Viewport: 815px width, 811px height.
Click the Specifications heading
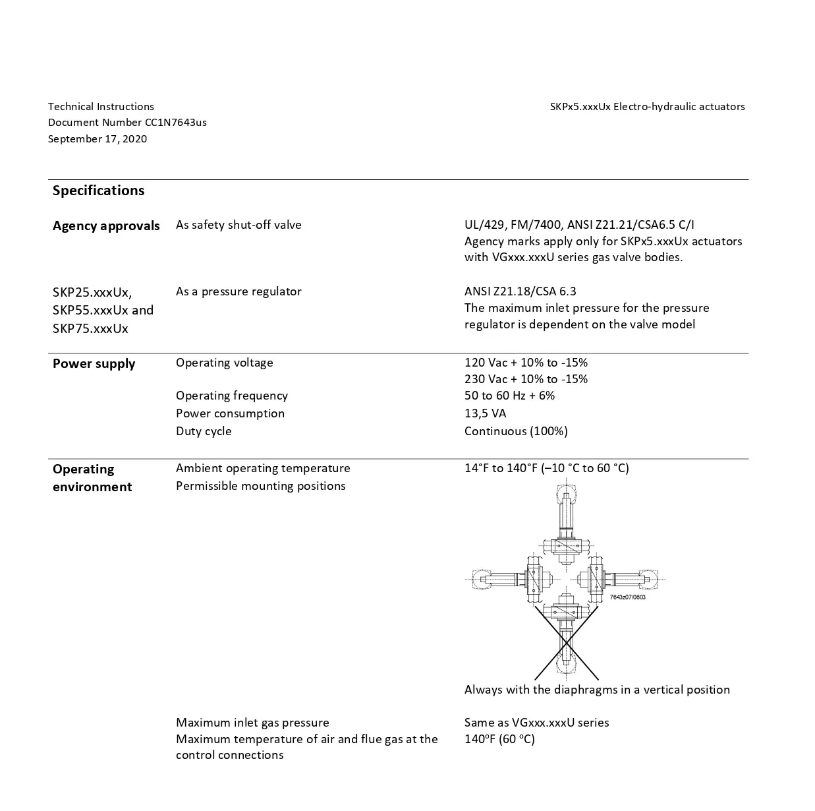[x=98, y=191]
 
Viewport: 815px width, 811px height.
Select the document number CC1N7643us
[x=127, y=123]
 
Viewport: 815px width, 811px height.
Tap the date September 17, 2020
[x=98, y=138]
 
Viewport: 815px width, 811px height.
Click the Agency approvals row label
[x=106, y=225]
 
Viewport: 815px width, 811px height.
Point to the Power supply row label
[x=94, y=364]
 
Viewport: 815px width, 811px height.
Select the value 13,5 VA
[x=485, y=413]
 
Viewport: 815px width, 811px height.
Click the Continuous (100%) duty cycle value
[x=516, y=431]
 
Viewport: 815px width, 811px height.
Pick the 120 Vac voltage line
[x=526, y=363]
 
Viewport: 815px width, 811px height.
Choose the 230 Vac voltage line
[x=526, y=379]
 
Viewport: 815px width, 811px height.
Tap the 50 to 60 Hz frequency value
[x=509, y=396]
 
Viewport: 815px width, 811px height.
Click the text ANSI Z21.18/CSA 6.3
[x=520, y=291]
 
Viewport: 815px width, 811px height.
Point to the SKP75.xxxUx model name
[x=90, y=328]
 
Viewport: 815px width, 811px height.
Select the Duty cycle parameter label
[x=204, y=431]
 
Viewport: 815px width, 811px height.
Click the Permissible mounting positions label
[x=260, y=486]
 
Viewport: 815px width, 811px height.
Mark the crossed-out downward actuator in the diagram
[x=566, y=640]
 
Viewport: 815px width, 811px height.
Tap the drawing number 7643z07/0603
[x=627, y=597]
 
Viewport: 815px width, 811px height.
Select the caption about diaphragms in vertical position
[x=597, y=690]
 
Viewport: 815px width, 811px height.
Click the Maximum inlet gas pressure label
[x=252, y=723]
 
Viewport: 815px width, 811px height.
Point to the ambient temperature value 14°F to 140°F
[x=546, y=468]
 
